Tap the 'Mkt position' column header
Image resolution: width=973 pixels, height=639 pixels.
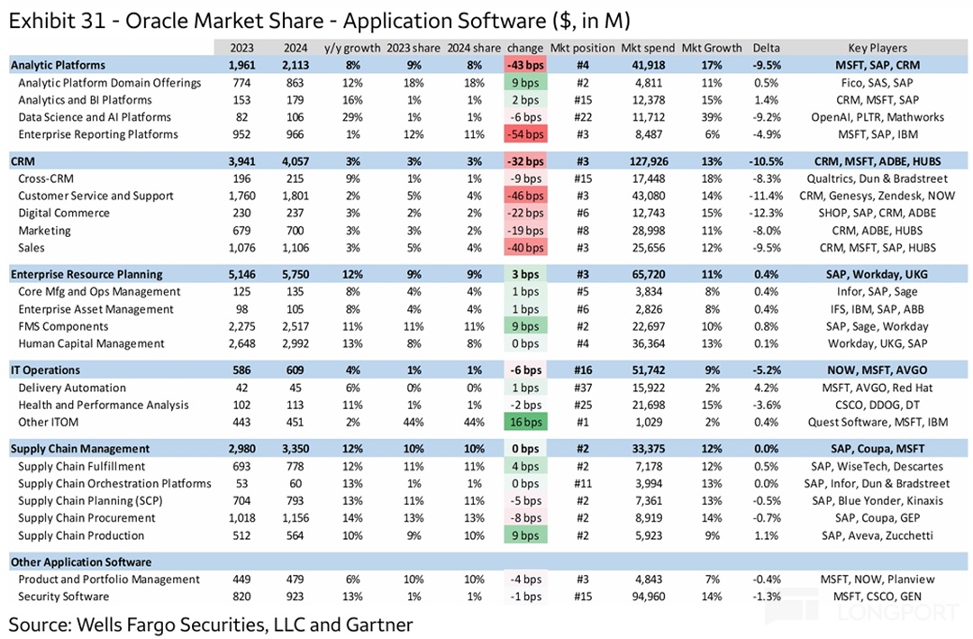pos(582,48)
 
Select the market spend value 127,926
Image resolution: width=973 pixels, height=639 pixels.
pos(647,161)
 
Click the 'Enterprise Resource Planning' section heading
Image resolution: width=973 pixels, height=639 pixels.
pos(86,274)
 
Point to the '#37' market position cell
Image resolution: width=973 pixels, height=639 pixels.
pos(582,388)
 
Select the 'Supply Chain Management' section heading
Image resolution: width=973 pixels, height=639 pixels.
pos(81,449)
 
